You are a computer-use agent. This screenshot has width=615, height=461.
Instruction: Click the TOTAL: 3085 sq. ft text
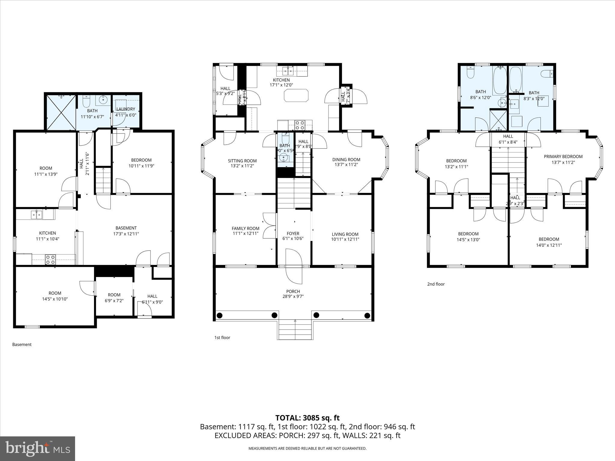(x=307, y=418)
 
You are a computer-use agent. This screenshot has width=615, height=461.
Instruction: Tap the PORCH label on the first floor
(x=293, y=291)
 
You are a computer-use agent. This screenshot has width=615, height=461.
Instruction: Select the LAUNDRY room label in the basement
(x=126, y=109)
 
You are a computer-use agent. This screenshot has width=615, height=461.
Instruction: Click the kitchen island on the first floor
(x=296, y=95)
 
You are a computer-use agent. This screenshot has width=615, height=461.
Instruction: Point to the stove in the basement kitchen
(x=50, y=259)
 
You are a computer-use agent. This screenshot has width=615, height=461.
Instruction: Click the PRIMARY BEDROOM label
(x=563, y=157)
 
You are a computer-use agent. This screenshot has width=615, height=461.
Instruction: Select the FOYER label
(x=293, y=234)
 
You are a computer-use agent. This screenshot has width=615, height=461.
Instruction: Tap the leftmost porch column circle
(x=220, y=315)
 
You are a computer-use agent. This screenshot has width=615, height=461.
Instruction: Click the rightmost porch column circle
(x=367, y=315)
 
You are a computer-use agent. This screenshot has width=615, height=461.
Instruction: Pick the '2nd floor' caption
(x=436, y=284)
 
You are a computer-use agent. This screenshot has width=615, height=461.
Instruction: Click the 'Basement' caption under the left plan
(x=22, y=345)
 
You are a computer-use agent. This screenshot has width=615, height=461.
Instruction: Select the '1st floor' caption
(x=222, y=338)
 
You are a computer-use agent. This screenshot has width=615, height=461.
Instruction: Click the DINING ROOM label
(x=346, y=160)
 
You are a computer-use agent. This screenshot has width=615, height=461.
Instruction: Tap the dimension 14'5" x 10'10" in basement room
(x=55, y=299)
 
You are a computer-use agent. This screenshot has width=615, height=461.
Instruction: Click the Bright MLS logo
(x=38, y=448)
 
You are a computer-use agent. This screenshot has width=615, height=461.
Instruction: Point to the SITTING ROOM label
(x=242, y=161)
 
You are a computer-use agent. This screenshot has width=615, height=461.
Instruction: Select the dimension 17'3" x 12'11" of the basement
(x=126, y=234)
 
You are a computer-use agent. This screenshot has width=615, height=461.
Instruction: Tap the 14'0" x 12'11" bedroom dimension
(x=549, y=245)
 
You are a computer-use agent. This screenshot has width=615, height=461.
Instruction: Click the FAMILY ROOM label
(x=245, y=228)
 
